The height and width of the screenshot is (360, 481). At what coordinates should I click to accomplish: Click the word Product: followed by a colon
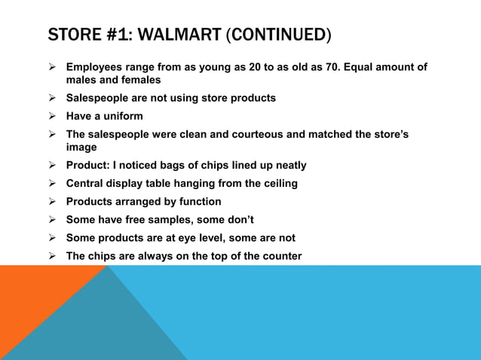coord(88,165)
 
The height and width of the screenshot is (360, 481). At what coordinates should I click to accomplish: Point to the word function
coord(198,201)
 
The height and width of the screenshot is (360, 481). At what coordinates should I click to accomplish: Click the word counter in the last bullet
coord(280,256)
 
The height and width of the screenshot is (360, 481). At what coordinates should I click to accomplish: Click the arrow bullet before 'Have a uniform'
coord(53,116)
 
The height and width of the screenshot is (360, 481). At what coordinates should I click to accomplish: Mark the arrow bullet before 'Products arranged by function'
coord(53,201)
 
